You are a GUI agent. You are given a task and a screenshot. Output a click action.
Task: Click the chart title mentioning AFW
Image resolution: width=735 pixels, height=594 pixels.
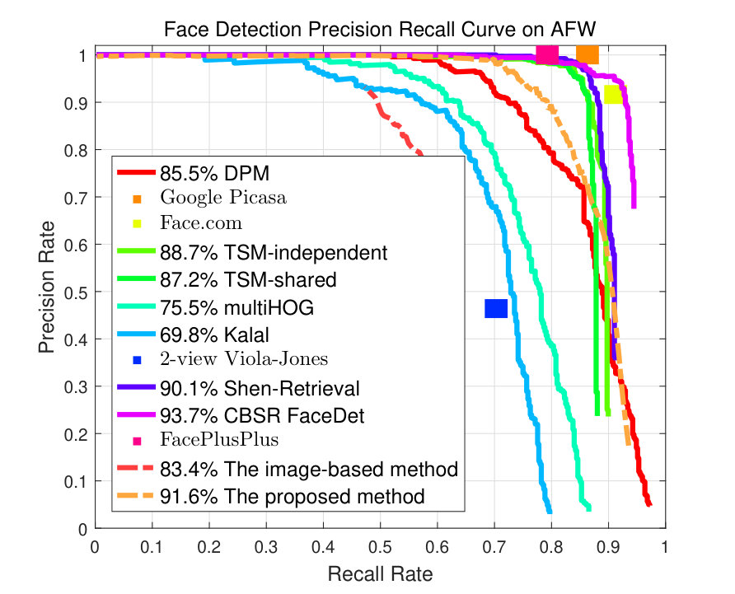tap(380, 29)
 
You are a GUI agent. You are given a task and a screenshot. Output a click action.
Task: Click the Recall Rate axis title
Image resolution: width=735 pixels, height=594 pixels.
tap(380, 574)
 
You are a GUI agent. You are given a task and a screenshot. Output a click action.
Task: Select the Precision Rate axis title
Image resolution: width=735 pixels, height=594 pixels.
tap(47, 287)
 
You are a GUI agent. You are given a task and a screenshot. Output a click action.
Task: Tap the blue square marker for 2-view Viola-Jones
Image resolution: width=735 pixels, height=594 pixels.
tap(496, 308)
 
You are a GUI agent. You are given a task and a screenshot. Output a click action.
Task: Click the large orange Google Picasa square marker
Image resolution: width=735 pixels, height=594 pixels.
tap(588, 55)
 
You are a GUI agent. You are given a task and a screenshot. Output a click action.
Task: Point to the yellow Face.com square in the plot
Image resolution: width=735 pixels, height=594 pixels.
tap(614, 95)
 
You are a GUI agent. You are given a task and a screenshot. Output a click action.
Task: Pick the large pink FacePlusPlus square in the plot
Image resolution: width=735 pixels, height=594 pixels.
tap(547, 55)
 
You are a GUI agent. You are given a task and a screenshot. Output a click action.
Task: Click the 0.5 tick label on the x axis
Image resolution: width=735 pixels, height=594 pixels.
tap(380, 547)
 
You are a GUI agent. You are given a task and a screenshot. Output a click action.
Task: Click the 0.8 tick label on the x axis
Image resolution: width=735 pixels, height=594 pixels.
tap(551, 547)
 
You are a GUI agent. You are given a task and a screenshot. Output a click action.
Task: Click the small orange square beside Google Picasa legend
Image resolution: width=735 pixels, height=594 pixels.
tap(137, 199)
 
